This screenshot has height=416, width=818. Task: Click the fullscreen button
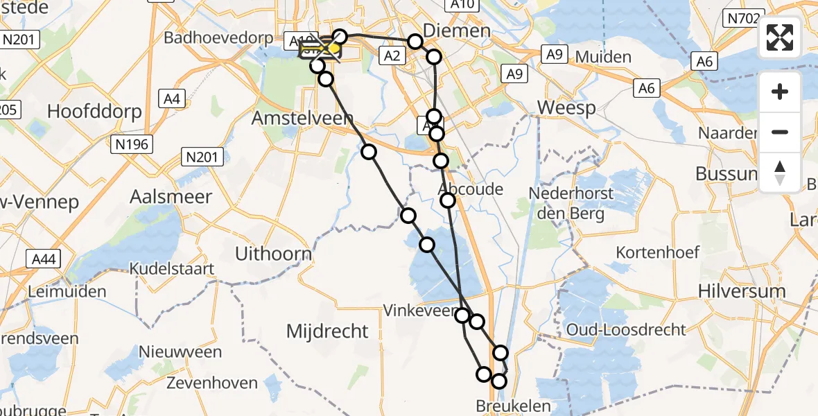click(x=780, y=37)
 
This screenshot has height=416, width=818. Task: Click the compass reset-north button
click(x=780, y=173)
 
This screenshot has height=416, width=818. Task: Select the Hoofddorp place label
click(x=94, y=111)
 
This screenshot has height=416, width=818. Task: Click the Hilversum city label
click(x=742, y=291)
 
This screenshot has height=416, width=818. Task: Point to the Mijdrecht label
click(x=327, y=331)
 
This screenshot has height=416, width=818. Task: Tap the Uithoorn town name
click(x=273, y=254)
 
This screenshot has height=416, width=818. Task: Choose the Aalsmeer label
click(x=171, y=196)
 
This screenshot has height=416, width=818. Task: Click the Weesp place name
click(x=566, y=108)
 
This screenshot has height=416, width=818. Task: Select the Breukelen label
click(x=514, y=406)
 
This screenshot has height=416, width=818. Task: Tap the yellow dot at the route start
click(x=334, y=49)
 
